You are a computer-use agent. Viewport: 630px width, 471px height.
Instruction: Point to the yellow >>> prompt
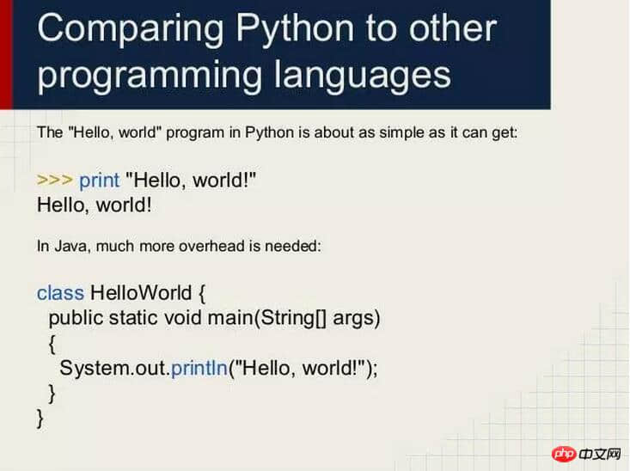(x=55, y=180)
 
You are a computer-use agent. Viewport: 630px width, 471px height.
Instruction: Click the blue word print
(x=99, y=180)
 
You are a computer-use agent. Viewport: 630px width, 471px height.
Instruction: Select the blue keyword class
(x=60, y=292)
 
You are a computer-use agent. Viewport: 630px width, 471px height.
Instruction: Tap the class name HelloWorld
(x=141, y=292)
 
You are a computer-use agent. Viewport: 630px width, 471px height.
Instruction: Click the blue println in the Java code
(x=199, y=369)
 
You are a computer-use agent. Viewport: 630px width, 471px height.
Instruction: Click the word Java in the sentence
(x=70, y=246)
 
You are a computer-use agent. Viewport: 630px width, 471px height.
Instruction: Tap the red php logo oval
(x=564, y=454)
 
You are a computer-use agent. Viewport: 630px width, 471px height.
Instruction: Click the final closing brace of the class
(x=40, y=419)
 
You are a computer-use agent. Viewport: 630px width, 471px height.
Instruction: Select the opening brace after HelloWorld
(x=202, y=294)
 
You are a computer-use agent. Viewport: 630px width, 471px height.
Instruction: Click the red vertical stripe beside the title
(x=6, y=54)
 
